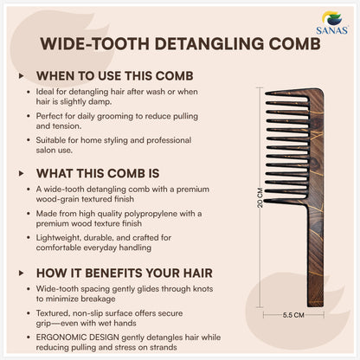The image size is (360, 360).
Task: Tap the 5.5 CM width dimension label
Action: [292, 316]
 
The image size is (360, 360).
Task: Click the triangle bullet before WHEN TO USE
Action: [22, 75]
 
